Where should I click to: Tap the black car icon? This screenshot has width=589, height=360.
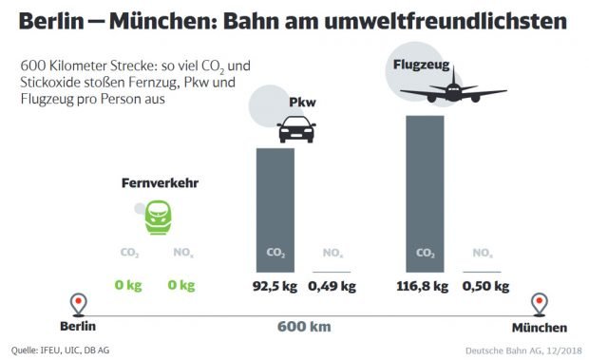(x=296, y=129)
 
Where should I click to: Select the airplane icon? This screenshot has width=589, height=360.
(x=451, y=89)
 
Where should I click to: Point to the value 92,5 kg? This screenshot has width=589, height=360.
(x=275, y=286)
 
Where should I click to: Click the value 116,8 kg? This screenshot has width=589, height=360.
(x=425, y=286)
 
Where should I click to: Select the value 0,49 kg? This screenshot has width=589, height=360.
(x=332, y=286)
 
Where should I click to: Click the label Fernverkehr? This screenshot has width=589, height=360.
(x=159, y=182)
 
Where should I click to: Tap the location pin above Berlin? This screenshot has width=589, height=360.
(x=79, y=305)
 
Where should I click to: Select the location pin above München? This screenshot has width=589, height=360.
(x=540, y=305)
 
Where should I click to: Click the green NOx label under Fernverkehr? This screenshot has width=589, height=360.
(x=183, y=254)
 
